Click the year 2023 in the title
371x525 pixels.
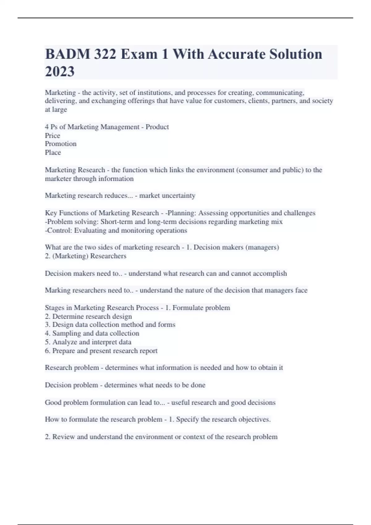[60, 71]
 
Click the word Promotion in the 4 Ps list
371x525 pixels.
[61, 144]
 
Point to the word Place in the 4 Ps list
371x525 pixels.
[53, 153]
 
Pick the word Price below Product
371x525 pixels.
[53, 136]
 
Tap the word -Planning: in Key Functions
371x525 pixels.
[181, 213]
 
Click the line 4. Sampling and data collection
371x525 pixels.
[92, 334]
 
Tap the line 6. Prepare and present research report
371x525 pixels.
[101, 351]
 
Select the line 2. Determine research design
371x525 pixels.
[88, 317]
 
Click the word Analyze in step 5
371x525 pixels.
[64, 342]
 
